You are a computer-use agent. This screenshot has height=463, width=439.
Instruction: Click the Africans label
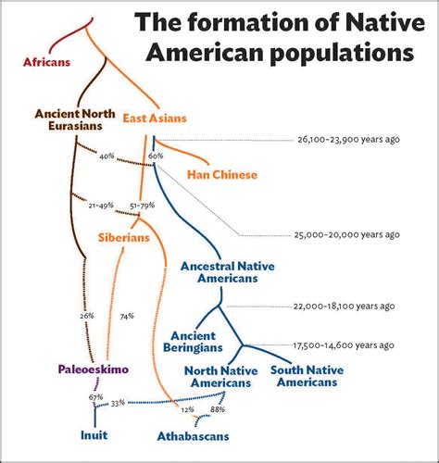[47, 62]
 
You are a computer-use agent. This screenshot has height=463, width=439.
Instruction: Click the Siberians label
[123, 237]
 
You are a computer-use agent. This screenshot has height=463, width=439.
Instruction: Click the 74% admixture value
[127, 316]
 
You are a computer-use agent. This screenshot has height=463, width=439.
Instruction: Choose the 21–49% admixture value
[100, 204]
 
